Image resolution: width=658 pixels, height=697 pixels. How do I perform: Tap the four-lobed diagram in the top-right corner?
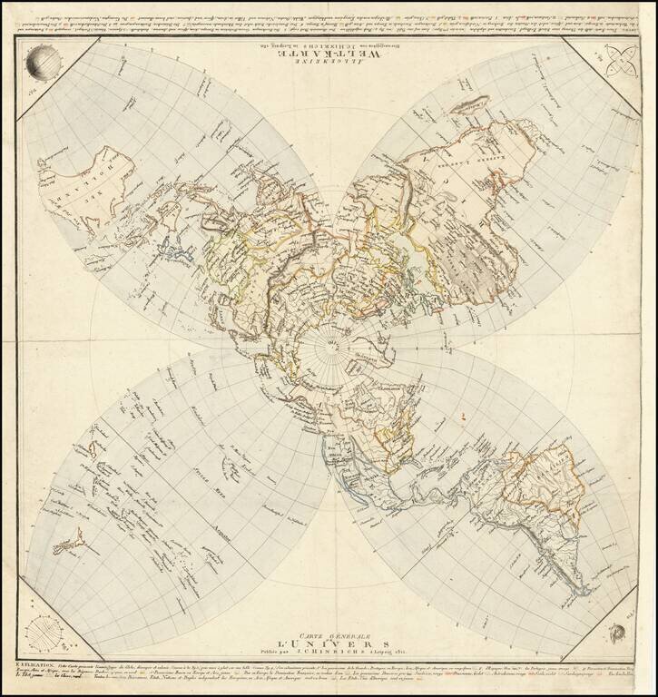pyautogui.click(x=619, y=64)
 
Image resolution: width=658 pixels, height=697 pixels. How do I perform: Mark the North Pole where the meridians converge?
pyautogui.click(x=329, y=348)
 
